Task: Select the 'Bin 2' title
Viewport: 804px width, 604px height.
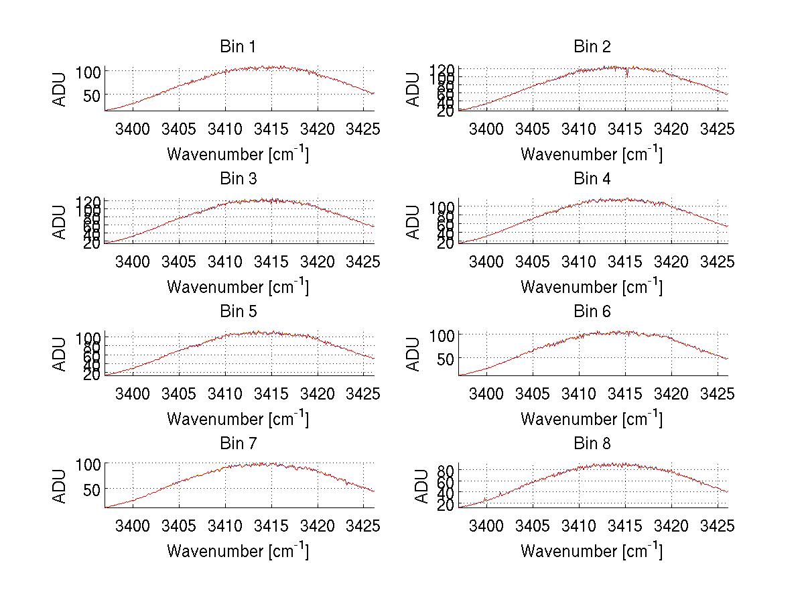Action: tap(592, 47)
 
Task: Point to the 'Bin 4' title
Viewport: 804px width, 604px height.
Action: tap(592, 179)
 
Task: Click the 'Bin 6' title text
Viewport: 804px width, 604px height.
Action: tap(592, 312)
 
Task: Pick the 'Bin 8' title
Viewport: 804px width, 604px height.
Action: tap(592, 444)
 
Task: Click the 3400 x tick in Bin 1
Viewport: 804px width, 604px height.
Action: tap(133, 129)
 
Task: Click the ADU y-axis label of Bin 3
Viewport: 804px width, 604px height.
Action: tap(60, 222)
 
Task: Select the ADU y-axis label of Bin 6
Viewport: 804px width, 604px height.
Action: tap(413, 354)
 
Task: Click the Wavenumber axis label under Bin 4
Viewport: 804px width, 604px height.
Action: tap(592, 287)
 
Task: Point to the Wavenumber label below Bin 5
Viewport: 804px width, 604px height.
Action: tap(238, 419)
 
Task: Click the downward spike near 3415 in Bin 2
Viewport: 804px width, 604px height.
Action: tap(627, 74)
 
